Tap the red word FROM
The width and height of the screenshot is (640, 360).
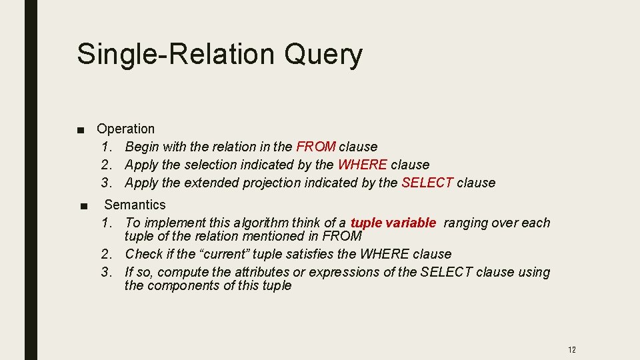pos(315,147)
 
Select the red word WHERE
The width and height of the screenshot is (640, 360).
pos(362,165)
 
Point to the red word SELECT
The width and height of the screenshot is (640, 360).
pos(427,183)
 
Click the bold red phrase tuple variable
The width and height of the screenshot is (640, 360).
pos(393,223)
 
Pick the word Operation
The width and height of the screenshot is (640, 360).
pos(125,129)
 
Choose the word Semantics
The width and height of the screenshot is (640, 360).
pos(135,205)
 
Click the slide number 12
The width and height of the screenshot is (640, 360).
pos(571,349)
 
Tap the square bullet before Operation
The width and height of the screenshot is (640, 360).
pos(80,129)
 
